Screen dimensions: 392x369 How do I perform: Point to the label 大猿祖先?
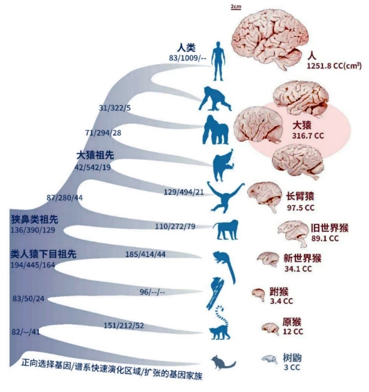[95, 155]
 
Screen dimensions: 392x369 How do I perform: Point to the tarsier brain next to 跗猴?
[259, 294]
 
